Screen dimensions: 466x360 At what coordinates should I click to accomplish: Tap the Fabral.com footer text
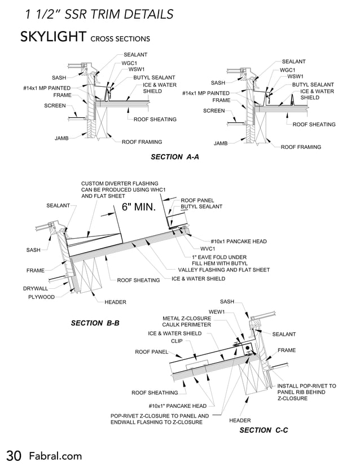(x=55, y=455)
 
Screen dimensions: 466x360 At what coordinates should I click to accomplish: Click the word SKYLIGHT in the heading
(x=53, y=37)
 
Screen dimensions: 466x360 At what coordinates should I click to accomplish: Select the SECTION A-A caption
(x=175, y=157)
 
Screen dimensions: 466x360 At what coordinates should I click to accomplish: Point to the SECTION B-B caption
(x=95, y=323)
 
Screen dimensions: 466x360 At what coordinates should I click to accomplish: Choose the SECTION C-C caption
(x=264, y=430)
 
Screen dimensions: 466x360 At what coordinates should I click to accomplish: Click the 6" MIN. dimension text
(x=138, y=207)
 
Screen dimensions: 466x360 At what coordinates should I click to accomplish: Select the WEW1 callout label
(x=217, y=311)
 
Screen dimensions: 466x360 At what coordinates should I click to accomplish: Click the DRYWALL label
(x=36, y=288)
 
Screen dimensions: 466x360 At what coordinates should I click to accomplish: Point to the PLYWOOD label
(x=42, y=297)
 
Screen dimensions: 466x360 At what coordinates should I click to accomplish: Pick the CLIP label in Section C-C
(x=176, y=341)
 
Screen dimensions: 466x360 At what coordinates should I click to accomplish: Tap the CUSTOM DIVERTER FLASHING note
(x=122, y=184)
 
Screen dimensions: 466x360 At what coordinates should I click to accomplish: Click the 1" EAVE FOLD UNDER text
(x=214, y=257)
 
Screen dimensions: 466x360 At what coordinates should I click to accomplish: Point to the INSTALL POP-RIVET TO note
(x=306, y=386)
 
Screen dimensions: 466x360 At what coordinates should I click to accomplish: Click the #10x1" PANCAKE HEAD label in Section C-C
(x=178, y=406)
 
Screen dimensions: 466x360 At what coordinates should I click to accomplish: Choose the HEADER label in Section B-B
(x=115, y=302)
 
